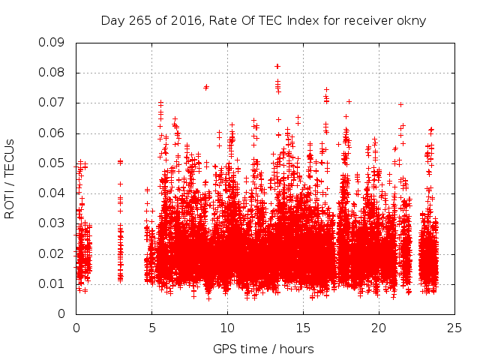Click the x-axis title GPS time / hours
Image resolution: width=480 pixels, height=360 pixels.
pyautogui.click(x=263, y=349)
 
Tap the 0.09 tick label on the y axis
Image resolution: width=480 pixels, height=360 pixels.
pyautogui.click(x=51, y=43)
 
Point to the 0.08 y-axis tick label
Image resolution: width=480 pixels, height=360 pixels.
pyautogui.click(x=51, y=73)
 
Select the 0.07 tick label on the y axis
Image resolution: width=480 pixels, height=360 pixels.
pyautogui.click(x=51, y=103)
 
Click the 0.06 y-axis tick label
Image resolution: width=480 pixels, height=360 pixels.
pyautogui.click(x=51, y=133)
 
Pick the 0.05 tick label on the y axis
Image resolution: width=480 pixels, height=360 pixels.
pyautogui.click(x=51, y=163)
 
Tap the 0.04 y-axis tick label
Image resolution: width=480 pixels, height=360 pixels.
pyautogui.click(x=51, y=193)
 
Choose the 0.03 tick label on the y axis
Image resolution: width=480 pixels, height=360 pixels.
pyautogui.click(x=51, y=223)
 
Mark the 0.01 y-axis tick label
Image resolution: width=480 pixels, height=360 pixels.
pyautogui.click(x=51, y=283)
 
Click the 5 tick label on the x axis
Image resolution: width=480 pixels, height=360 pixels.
pyautogui.click(x=152, y=328)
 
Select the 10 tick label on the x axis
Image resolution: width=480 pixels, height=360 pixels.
pyautogui.click(x=228, y=328)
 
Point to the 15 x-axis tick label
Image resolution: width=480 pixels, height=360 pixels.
pyautogui.click(x=304, y=328)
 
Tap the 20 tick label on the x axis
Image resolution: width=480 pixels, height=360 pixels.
pyautogui.click(x=379, y=328)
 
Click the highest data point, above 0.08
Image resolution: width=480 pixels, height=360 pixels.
pyautogui.click(x=277, y=66)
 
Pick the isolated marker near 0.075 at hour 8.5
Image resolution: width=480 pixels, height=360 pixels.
pyautogui.click(x=206, y=87)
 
